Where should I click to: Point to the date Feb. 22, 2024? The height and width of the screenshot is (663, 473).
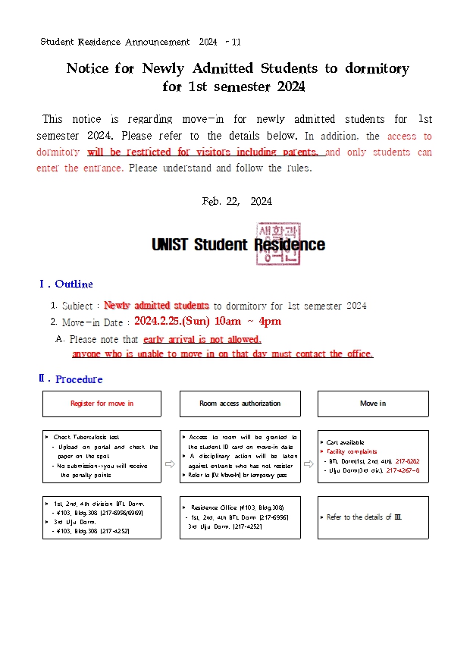tap(236, 201)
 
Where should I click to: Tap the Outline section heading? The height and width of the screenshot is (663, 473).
tap(73, 284)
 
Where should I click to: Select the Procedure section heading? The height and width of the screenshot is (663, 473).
tap(78, 379)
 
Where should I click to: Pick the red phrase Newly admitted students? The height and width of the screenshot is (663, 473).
tap(156, 306)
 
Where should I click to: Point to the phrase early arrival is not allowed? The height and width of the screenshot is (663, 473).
tap(202, 340)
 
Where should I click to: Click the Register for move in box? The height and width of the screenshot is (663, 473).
tap(102, 404)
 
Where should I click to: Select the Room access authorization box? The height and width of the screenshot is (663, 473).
tap(240, 404)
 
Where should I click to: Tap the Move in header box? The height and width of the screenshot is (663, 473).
tap(373, 404)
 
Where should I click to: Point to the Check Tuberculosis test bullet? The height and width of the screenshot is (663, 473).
tap(86, 438)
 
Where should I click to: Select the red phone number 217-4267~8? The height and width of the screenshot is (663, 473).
tap(403, 470)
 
